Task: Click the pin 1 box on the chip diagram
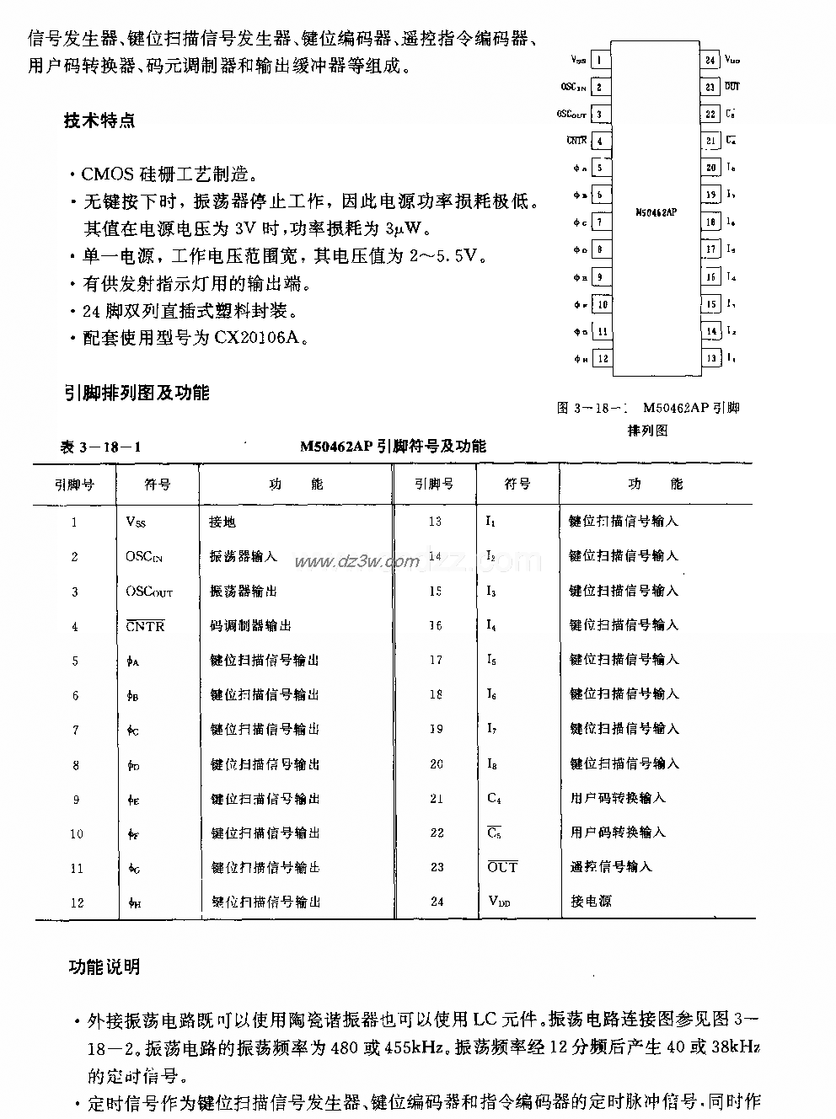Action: click(x=600, y=60)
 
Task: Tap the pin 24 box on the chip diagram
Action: click(x=710, y=60)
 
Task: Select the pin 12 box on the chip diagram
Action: click(x=602, y=359)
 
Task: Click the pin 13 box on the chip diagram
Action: click(x=710, y=359)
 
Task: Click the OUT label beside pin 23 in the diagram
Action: click(x=732, y=87)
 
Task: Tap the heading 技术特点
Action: click(x=99, y=120)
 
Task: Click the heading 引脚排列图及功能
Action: click(x=137, y=393)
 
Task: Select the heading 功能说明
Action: click(x=104, y=967)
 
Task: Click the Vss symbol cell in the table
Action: click(x=136, y=522)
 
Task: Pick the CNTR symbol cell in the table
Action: click(x=145, y=626)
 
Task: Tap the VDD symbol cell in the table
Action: click(x=499, y=902)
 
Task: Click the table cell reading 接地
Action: click(x=222, y=522)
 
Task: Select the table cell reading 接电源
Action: click(x=591, y=902)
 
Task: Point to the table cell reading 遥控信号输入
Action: click(x=611, y=867)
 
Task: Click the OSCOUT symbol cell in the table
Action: click(x=149, y=592)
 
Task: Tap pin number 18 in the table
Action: click(x=436, y=694)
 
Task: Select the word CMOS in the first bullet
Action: click(x=106, y=174)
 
